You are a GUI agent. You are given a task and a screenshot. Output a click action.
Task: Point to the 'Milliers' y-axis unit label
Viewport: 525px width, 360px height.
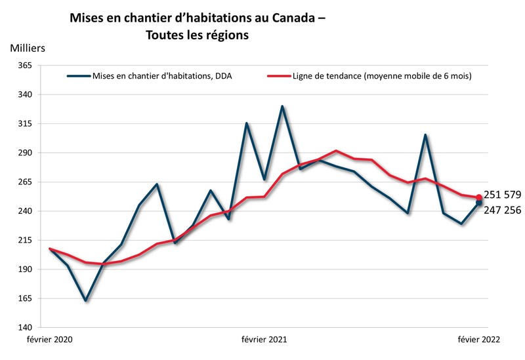28,48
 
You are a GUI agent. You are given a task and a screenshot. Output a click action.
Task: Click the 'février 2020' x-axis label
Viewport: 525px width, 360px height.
49,340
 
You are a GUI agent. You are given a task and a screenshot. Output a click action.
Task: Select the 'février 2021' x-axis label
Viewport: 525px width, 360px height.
264,340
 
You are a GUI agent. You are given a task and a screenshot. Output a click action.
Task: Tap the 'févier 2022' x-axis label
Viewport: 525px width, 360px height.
479,340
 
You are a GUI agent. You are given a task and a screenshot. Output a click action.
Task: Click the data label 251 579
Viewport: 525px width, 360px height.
502,195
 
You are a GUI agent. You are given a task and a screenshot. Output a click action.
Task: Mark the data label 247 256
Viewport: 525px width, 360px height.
502,211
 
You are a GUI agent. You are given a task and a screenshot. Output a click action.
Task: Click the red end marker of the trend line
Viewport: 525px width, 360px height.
479,197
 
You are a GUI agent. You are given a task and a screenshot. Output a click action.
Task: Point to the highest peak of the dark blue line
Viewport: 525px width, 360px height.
282,106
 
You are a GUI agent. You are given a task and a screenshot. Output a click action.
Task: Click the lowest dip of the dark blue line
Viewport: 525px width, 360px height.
85,300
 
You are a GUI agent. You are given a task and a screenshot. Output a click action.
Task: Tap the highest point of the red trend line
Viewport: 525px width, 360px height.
336,151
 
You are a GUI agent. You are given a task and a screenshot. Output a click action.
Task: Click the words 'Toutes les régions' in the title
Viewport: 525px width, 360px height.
197,36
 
